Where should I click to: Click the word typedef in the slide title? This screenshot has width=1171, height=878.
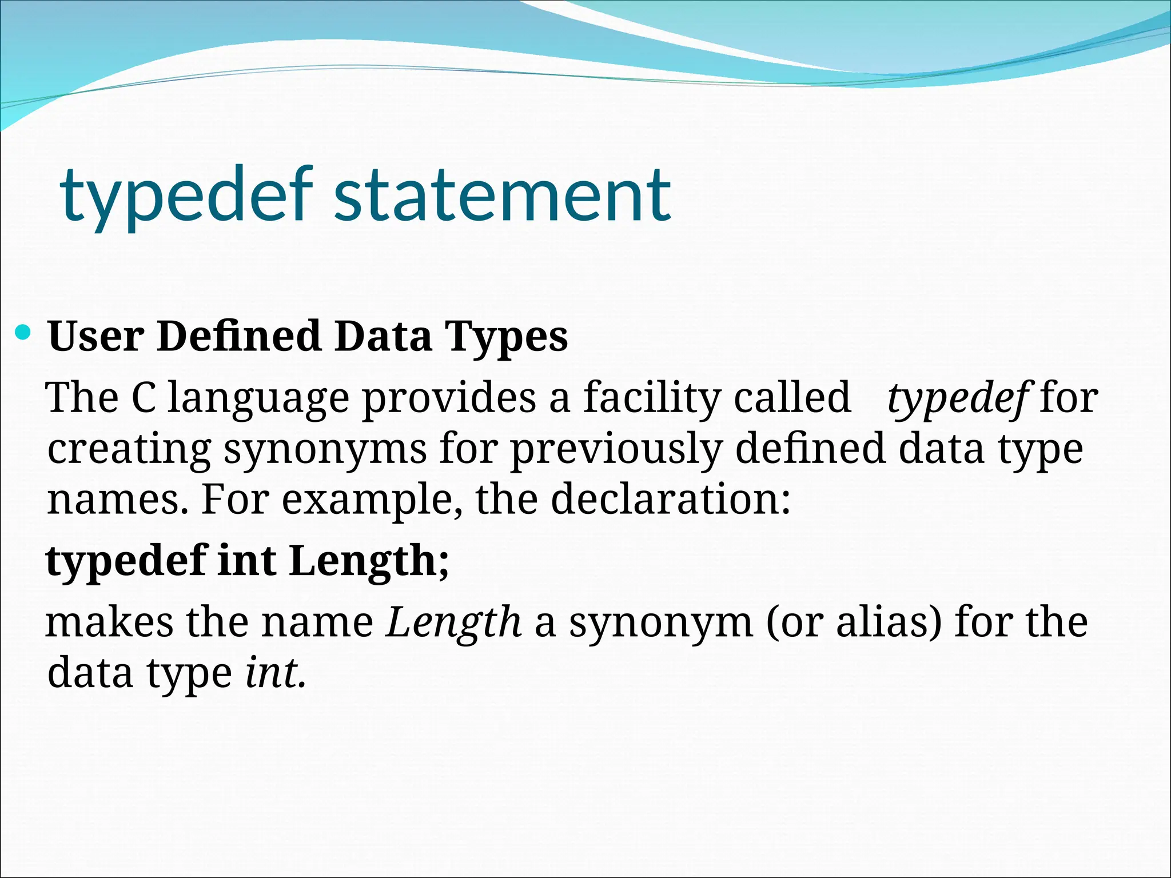click(186, 195)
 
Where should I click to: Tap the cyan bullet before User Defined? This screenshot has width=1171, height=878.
click(23, 332)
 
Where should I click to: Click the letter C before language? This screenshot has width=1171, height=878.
click(143, 397)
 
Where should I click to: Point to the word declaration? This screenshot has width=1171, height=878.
click(671, 499)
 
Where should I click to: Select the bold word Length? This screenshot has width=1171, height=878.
click(369, 561)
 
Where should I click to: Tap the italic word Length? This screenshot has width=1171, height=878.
click(454, 622)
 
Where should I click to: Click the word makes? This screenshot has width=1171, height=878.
click(109, 622)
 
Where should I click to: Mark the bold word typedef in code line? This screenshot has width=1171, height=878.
click(126, 561)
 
